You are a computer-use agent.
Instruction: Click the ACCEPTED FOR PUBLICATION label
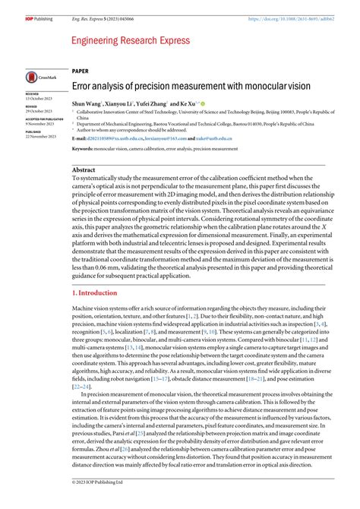44,119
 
